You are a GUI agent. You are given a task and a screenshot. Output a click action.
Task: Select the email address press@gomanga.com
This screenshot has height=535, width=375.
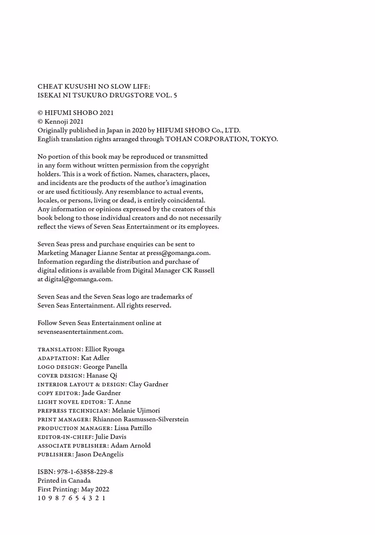click(178, 253)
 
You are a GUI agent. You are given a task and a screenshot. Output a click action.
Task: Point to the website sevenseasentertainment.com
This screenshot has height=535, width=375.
click(80, 332)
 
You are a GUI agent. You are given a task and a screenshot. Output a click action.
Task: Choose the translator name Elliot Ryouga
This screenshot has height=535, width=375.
click(105, 349)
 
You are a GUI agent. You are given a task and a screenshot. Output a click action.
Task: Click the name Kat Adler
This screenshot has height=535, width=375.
click(95, 358)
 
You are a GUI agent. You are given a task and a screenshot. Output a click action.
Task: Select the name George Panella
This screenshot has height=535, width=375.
click(105, 367)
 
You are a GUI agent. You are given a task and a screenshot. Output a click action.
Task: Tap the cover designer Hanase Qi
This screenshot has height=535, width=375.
click(102, 376)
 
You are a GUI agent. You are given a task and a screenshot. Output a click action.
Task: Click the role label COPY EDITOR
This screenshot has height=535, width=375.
click(59, 393)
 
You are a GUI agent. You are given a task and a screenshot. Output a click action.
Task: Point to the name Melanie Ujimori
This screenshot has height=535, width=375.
click(136, 411)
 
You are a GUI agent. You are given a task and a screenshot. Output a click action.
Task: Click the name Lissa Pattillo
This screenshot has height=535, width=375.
click(133, 428)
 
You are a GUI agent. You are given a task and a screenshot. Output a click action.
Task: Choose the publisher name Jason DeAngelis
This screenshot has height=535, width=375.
click(99, 454)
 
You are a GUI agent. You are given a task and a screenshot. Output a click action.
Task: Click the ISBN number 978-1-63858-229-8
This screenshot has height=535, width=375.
click(85, 472)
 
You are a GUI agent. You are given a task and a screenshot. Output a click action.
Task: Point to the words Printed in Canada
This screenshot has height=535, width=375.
click(64, 481)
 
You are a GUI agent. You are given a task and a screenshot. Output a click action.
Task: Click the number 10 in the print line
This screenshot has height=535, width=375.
click(41, 498)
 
